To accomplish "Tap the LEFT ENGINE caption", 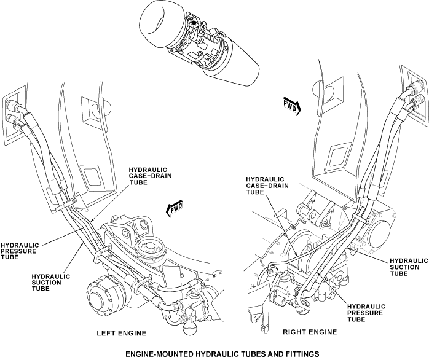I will [122, 334].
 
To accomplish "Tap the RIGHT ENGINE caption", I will [310, 332].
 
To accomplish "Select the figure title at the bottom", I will [213, 354].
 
